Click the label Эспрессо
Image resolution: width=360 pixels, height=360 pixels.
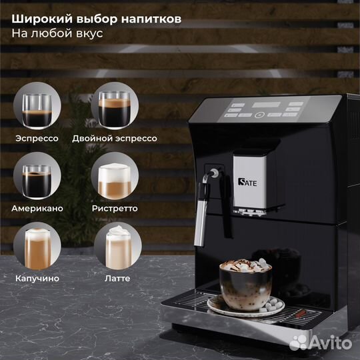[x=37, y=139]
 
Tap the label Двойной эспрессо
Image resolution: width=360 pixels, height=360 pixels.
[x=123, y=139]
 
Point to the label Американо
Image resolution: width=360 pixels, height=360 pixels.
[x=38, y=209]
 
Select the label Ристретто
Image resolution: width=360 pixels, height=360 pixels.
[x=115, y=209]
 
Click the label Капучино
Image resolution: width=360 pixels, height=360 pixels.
[x=37, y=278]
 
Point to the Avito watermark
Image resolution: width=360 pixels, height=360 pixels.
[x=322, y=343]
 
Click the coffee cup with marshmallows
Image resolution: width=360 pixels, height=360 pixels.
[x=245, y=283]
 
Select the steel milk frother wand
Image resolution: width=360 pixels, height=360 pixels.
[x=199, y=213]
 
